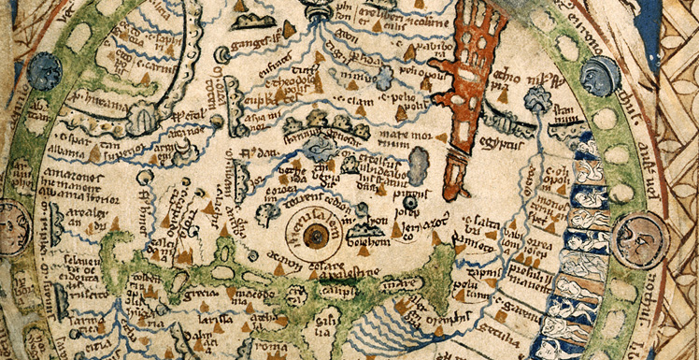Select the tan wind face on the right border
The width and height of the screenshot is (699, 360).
click(640, 240)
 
